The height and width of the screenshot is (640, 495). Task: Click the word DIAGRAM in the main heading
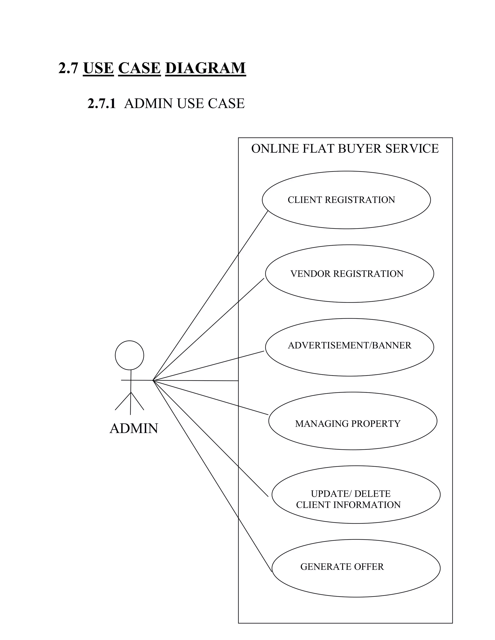pyautogui.click(x=205, y=68)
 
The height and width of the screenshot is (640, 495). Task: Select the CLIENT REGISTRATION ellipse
pyautogui.click(x=346, y=200)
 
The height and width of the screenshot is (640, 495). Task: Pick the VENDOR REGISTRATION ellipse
pyautogui.click(x=349, y=274)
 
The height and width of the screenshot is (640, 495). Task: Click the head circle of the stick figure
pyautogui.click(x=129, y=355)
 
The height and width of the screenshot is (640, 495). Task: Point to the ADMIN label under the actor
pyautogui.click(x=134, y=428)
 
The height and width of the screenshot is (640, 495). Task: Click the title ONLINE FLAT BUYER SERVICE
pyautogui.click(x=345, y=149)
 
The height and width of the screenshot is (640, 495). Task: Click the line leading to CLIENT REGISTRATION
pyautogui.click(x=210, y=296)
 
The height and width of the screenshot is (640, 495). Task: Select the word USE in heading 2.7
pyautogui.click(x=98, y=68)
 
